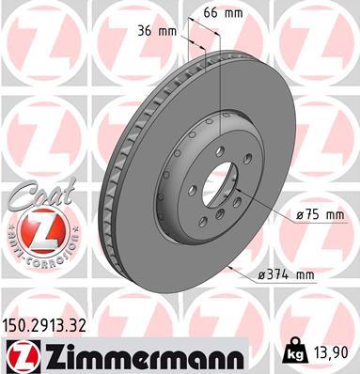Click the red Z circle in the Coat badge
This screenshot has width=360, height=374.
tap(34, 226)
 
